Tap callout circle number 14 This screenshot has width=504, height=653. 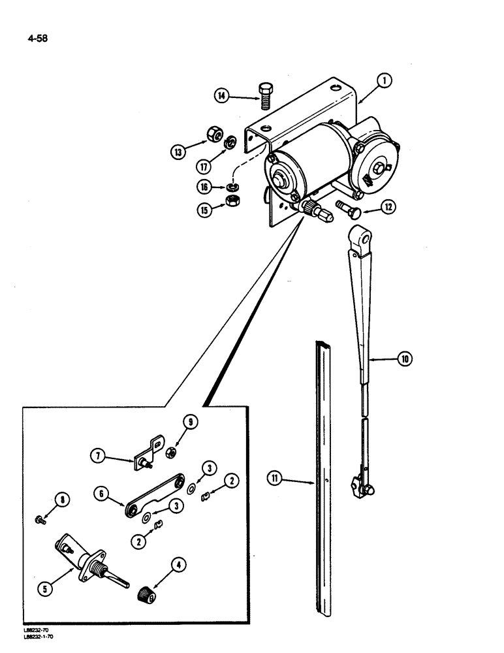pyautogui.click(x=221, y=97)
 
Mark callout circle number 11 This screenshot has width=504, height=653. pyautogui.click(x=275, y=482)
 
